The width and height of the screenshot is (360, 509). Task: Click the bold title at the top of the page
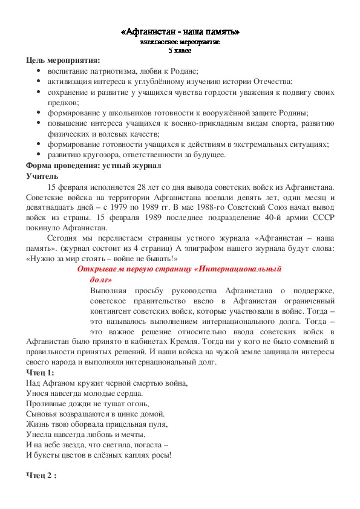click(x=180, y=31)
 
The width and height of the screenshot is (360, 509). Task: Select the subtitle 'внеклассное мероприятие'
click(x=180, y=42)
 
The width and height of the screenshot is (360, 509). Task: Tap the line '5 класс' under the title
click(x=180, y=50)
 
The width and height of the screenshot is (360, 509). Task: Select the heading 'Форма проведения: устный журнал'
click(x=94, y=166)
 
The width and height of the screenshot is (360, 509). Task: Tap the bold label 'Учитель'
click(x=42, y=176)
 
